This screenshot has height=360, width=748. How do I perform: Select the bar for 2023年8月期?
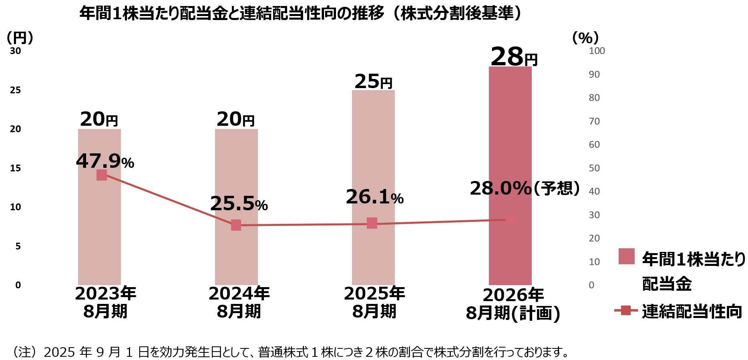[99, 232]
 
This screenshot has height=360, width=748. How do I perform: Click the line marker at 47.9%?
[102, 175]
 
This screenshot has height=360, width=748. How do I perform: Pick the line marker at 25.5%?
[236, 225]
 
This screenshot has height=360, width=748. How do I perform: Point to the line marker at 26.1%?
[372, 223]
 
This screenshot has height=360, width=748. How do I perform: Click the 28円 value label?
[514, 57]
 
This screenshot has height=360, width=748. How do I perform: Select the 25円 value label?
[373, 82]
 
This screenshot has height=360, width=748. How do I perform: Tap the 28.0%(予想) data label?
[525, 188]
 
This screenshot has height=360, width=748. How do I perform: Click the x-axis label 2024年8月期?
[239, 302]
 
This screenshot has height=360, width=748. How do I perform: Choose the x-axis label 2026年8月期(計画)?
[513, 304]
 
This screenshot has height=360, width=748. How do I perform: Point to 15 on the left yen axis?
[16, 168]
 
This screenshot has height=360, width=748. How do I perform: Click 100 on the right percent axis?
[597, 51]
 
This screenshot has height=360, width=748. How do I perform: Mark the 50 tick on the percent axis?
[594, 168]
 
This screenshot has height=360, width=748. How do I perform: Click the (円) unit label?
[20, 38]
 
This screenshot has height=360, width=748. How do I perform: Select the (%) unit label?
[585, 38]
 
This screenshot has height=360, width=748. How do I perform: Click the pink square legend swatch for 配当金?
[626, 256]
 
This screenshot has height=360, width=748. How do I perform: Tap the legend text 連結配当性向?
[692, 312]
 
